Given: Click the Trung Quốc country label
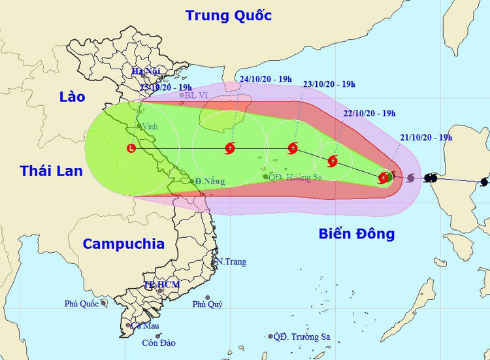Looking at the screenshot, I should tap(228, 15).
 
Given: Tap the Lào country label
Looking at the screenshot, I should tap(72, 97).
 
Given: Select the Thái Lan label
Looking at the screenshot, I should tap(52, 171).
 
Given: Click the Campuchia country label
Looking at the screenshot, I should tap(123, 244).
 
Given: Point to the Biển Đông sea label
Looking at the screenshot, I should tap(357, 233).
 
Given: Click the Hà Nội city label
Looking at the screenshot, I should tap(146, 71).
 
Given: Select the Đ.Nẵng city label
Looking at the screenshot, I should tap(210, 181).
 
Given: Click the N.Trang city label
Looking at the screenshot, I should tap(232, 262).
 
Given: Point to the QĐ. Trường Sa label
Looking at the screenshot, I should tap(302, 337).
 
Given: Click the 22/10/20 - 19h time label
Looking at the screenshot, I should tap(369, 113).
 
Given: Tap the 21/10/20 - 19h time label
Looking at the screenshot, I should tap(426, 137).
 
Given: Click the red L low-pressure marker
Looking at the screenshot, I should tap(133, 148).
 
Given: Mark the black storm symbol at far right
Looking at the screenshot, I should tap(484, 182).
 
